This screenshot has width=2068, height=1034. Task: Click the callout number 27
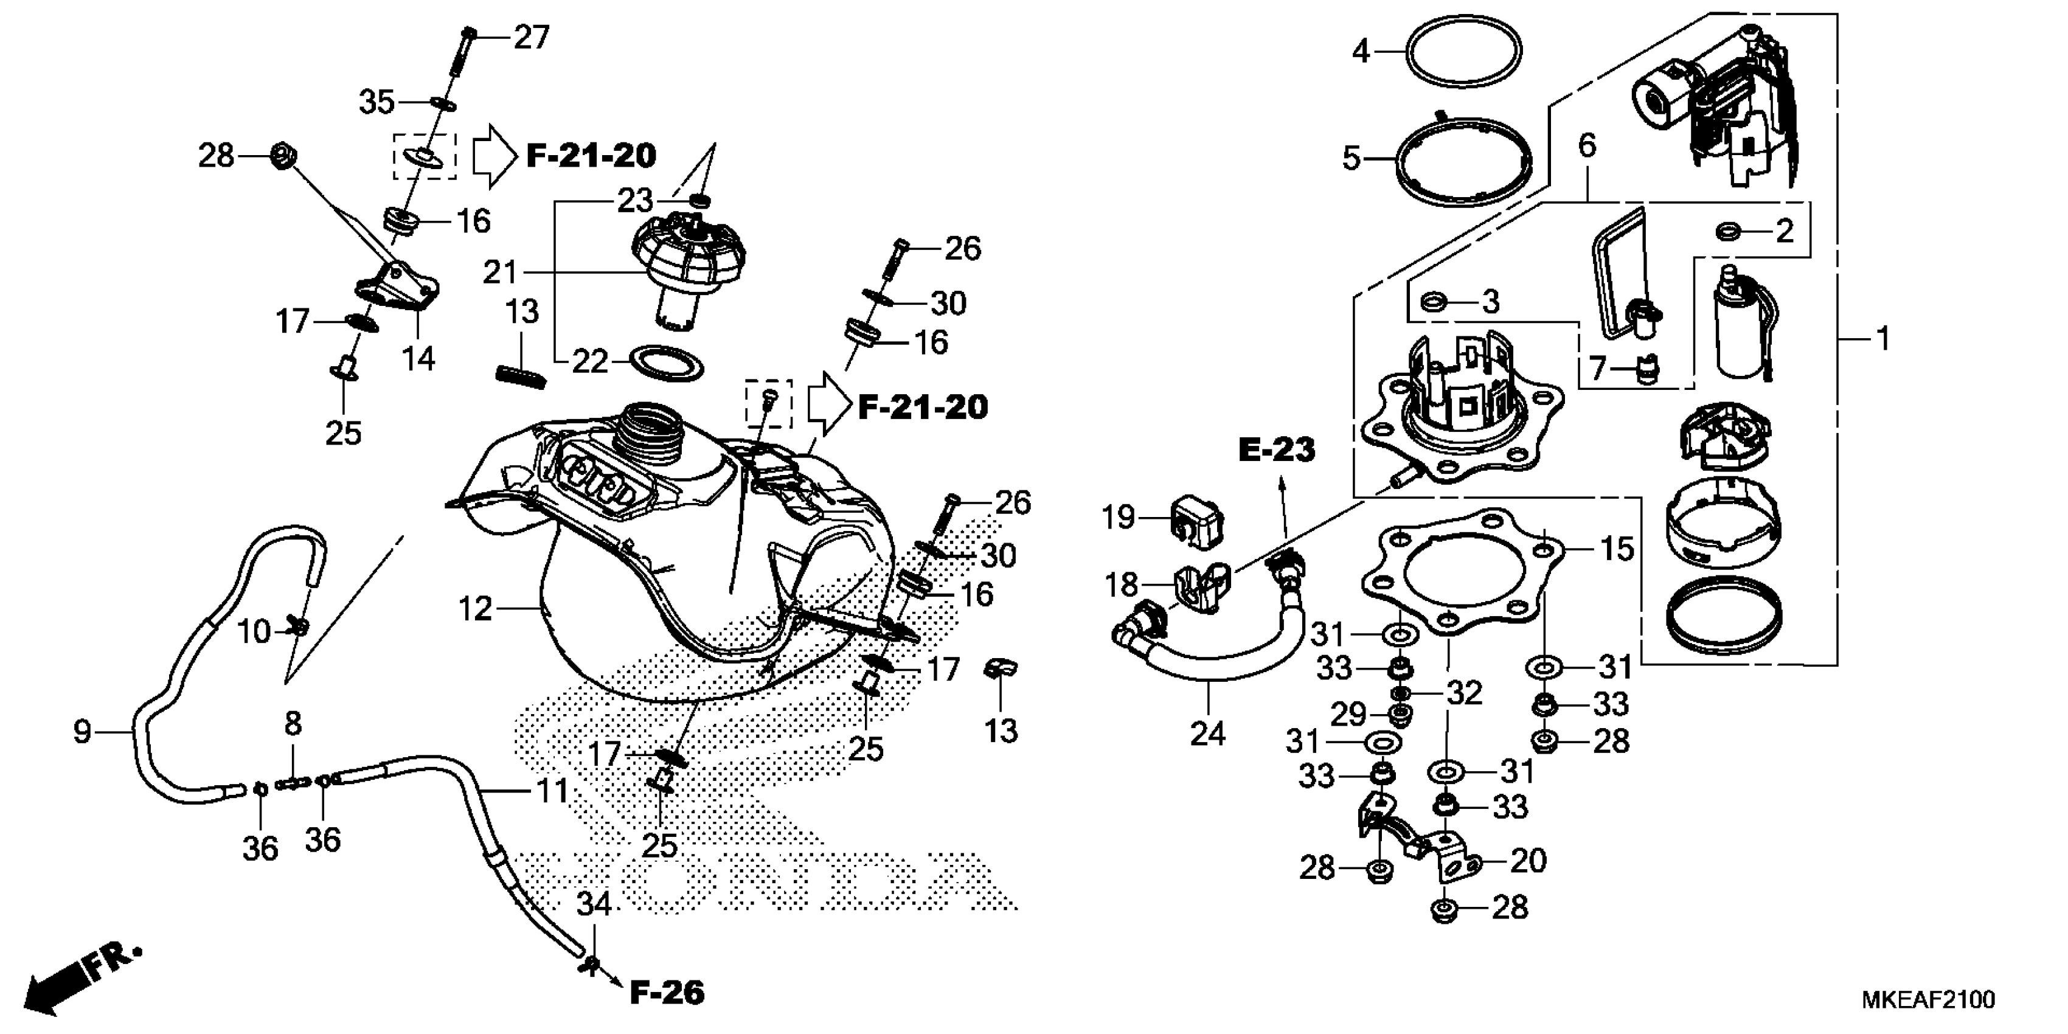pos(532,38)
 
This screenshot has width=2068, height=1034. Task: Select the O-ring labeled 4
pos(1463,50)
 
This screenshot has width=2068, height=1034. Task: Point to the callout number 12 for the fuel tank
pos(474,609)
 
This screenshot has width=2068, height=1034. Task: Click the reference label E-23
pos(1277,450)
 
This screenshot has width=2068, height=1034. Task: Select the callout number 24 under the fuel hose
pos(1207,734)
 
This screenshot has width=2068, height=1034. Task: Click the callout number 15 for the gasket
pos(1617,549)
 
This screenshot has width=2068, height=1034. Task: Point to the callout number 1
pos(1883,339)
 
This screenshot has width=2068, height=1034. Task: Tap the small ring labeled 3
pos(1434,304)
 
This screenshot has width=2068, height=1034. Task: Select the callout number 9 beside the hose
pos(82,732)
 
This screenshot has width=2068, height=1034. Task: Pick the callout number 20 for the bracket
pos(1528,861)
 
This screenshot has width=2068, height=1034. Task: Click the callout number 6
pos(1586,145)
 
